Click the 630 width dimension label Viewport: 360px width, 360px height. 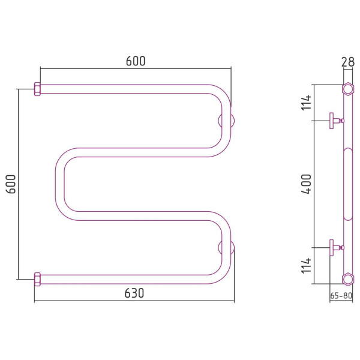(134, 293)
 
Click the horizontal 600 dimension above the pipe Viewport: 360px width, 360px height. (136, 61)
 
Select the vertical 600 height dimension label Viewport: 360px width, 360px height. (11, 184)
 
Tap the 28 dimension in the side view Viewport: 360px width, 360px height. (348, 62)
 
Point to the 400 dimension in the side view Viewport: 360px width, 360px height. (306, 184)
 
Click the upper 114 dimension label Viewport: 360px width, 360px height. (306, 103)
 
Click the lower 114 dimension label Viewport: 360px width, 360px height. (306, 265)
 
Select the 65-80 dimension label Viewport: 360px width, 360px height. (341, 296)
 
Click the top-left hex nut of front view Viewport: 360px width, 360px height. (37, 89)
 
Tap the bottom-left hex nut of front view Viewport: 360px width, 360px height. (37, 280)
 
